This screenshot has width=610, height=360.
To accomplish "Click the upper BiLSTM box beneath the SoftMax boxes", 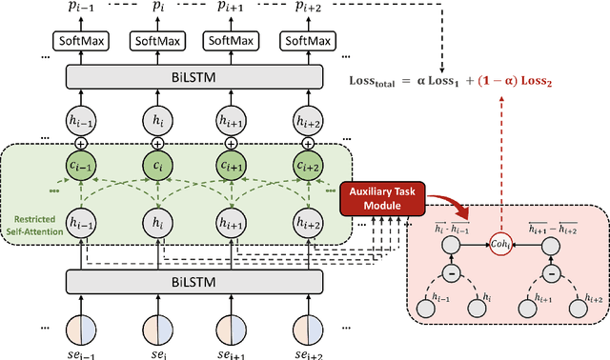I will point(190,78).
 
